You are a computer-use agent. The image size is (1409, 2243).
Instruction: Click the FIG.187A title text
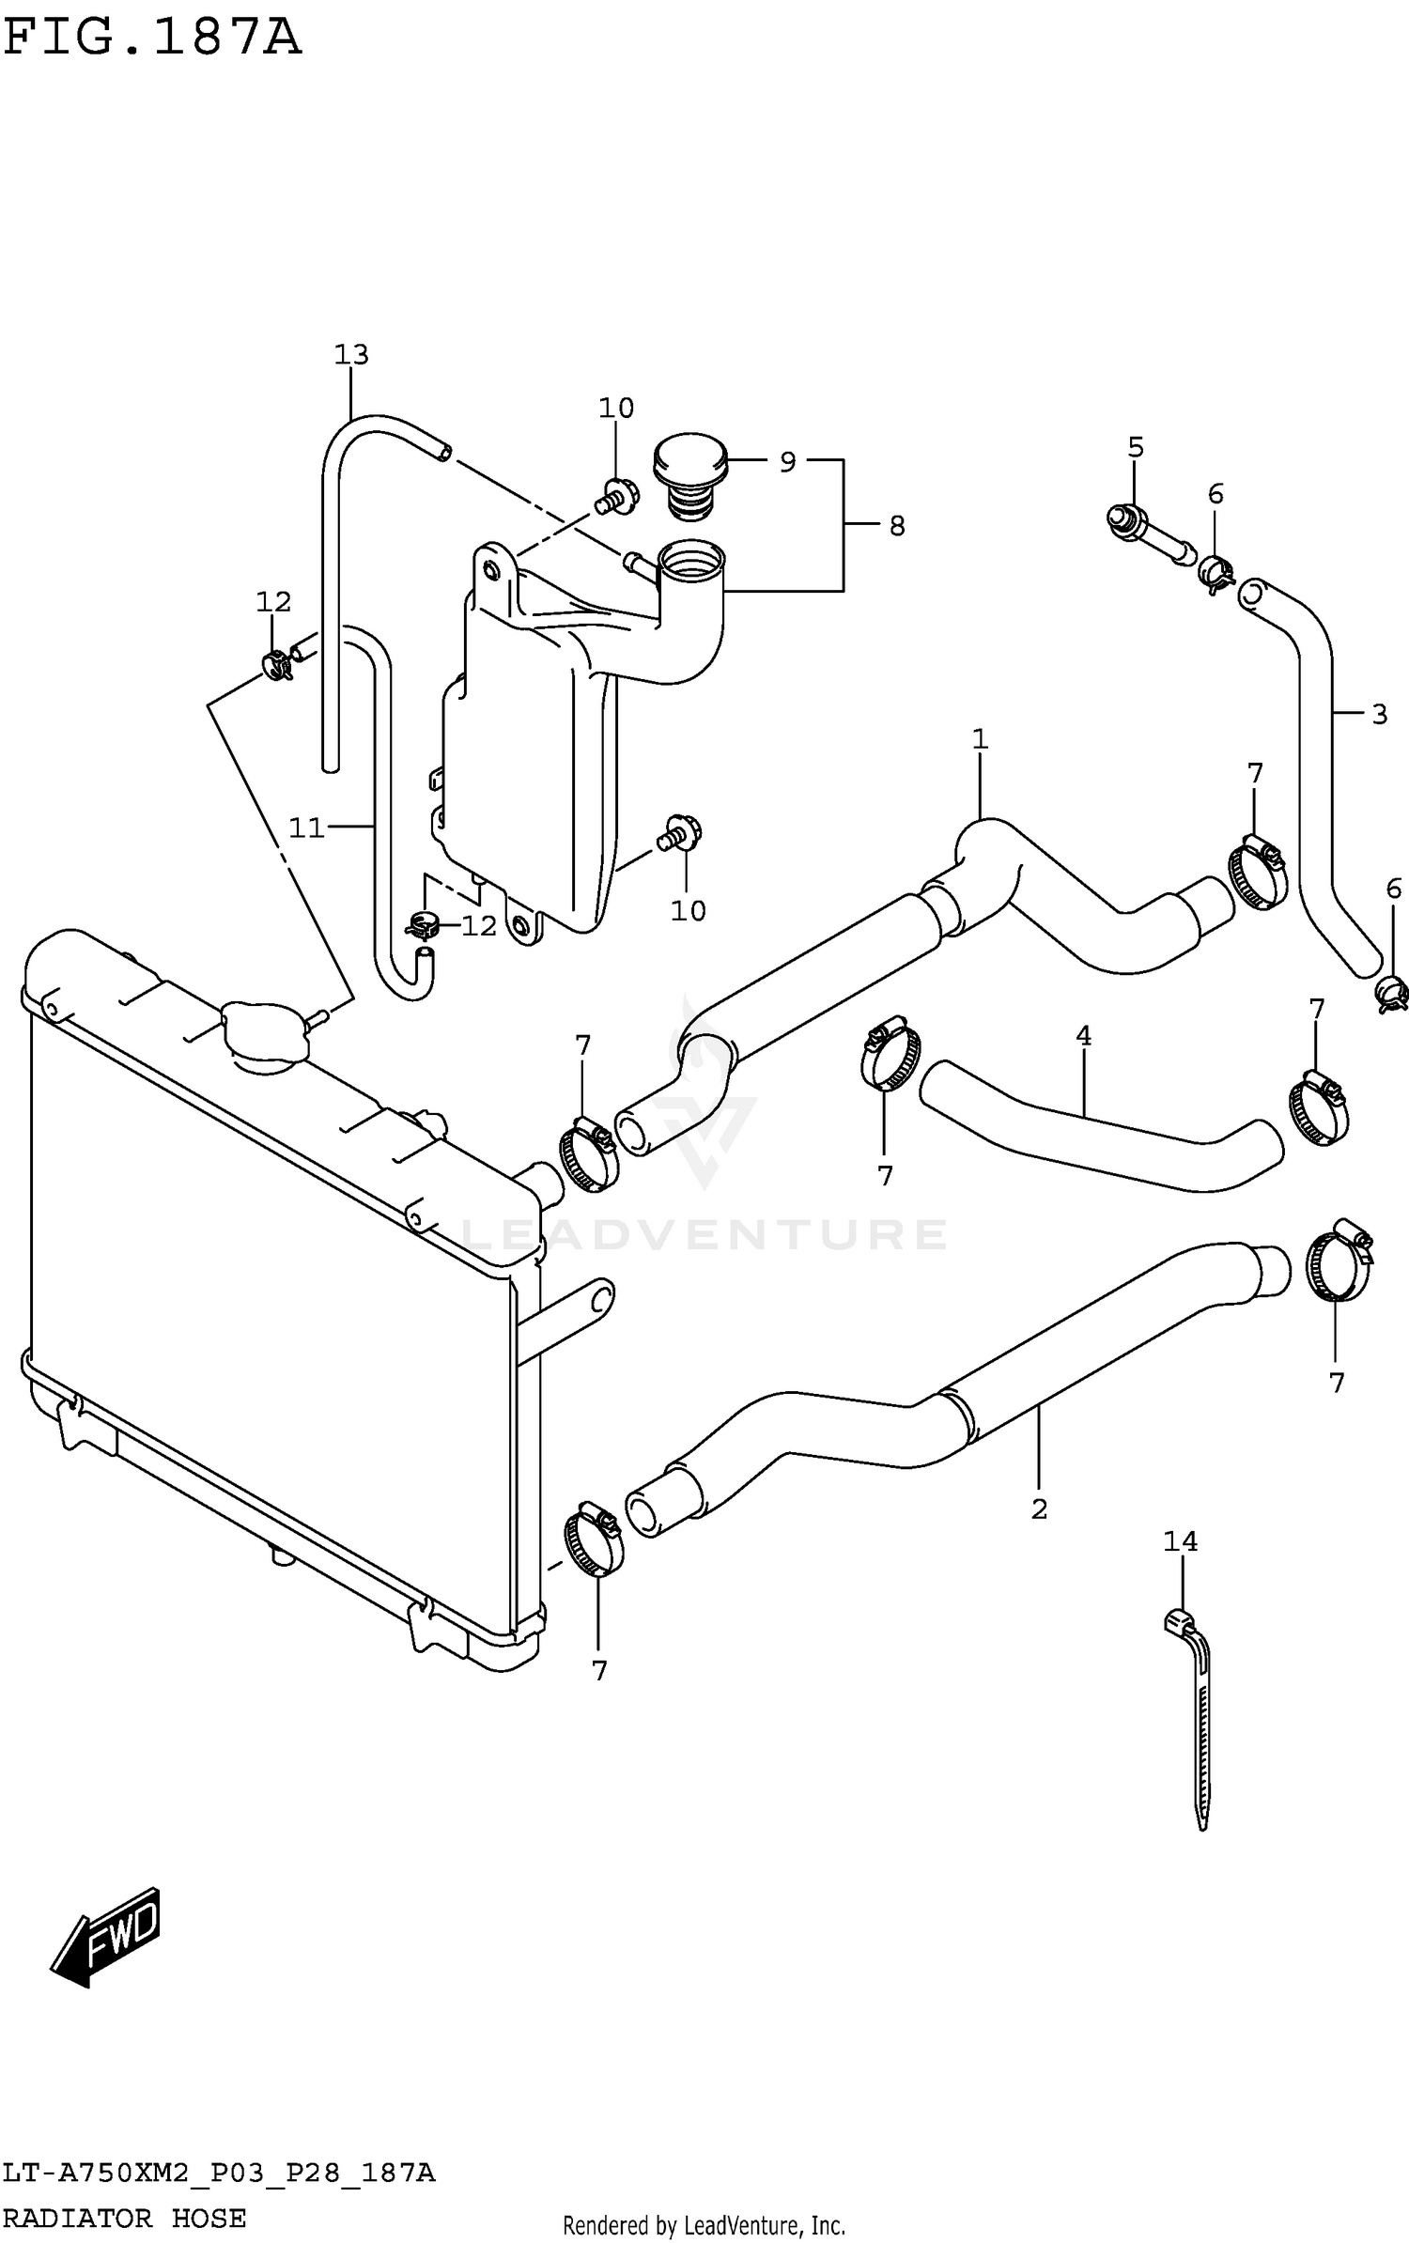[152, 39]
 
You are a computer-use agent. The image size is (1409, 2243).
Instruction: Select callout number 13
[351, 355]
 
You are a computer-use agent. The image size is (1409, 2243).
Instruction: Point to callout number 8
[896, 527]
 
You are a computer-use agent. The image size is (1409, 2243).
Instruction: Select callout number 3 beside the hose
[1378, 715]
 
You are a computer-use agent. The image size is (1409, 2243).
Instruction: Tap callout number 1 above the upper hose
[980, 739]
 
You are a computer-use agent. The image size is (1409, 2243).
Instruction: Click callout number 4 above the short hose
[1083, 1036]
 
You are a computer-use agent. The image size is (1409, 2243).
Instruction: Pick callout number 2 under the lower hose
[1038, 1509]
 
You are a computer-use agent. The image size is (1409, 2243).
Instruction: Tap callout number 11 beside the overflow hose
[306, 828]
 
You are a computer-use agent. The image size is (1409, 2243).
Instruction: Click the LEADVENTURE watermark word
[704, 1234]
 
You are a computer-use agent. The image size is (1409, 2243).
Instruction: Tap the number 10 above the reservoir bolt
[616, 409]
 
